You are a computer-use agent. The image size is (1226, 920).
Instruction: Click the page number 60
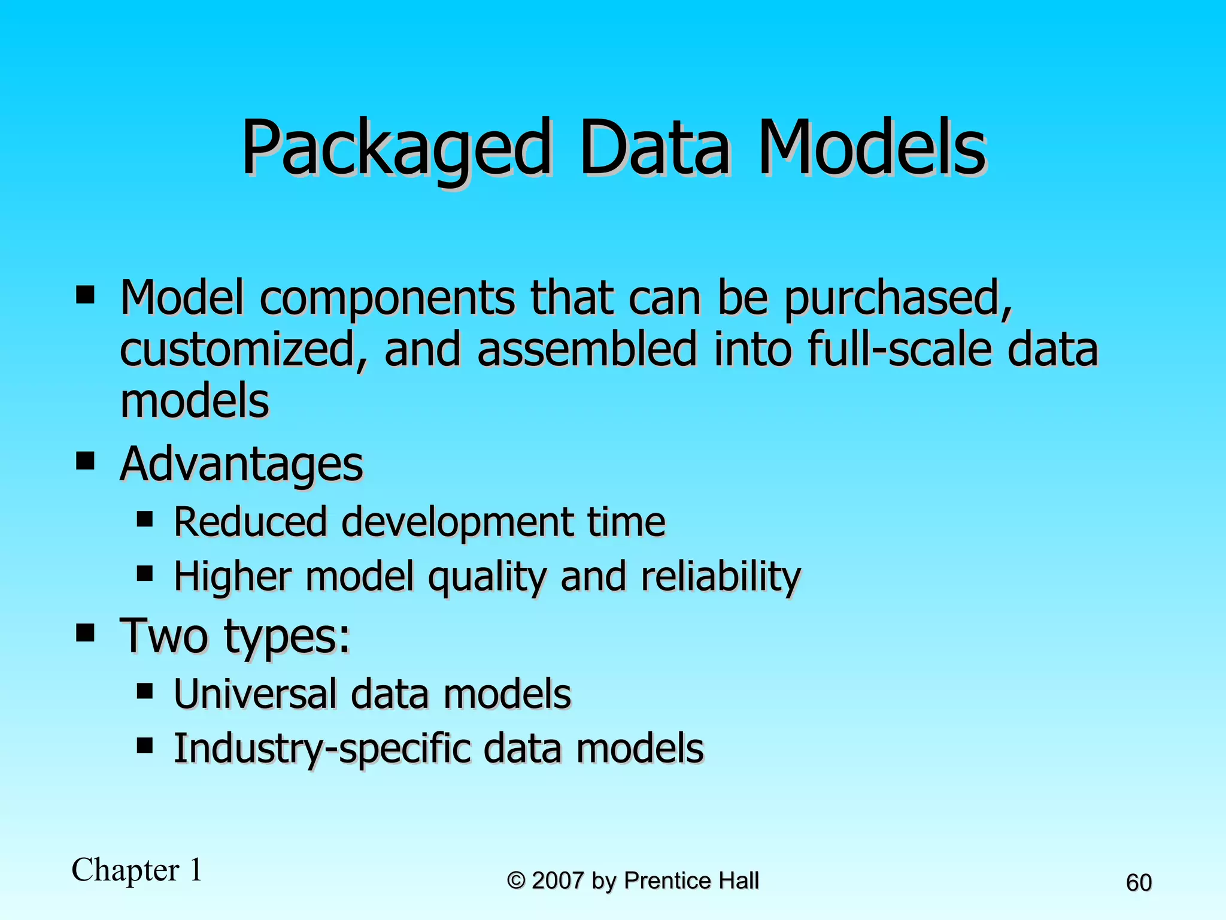tap(1139, 883)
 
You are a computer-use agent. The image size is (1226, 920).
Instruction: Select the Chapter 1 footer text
tap(137, 870)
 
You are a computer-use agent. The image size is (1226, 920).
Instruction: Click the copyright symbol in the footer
tap(516, 881)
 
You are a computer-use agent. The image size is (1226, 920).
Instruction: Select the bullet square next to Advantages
tap(86, 461)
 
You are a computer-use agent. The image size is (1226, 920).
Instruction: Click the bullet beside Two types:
tap(86, 632)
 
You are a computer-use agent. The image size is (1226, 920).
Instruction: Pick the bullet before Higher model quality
tap(145, 574)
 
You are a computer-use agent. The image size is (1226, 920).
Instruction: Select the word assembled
tap(587, 350)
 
